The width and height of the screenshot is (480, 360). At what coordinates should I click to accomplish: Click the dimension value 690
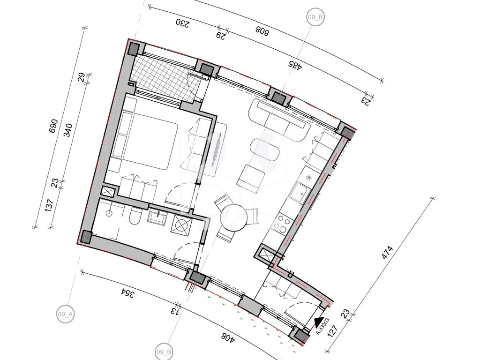53,126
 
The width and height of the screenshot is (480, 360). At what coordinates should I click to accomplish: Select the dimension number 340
69,130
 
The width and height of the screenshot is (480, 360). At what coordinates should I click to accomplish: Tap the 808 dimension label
262,31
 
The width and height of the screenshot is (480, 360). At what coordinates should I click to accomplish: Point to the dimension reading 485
295,65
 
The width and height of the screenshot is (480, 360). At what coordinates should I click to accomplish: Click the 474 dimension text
388,252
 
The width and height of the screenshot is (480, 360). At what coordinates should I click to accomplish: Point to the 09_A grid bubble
66,314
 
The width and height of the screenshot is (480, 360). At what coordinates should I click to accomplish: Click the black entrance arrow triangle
319,322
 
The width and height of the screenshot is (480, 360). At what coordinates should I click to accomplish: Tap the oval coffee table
265,150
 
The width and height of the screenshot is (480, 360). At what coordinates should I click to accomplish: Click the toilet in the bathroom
135,216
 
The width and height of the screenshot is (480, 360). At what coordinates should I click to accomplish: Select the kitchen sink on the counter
300,192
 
